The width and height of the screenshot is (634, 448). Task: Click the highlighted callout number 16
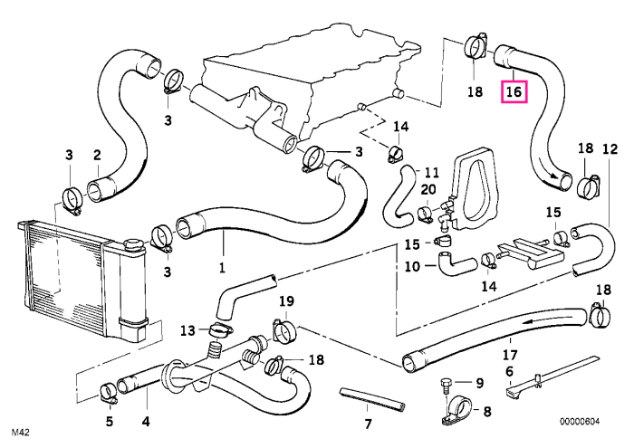(514, 91)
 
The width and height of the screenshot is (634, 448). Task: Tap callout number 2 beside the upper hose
(97, 155)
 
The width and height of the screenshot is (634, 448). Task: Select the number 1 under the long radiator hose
(222, 267)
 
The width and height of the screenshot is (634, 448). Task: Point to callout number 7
(368, 424)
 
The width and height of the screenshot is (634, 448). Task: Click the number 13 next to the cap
(188, 331)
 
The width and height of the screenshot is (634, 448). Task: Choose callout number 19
(286, 301)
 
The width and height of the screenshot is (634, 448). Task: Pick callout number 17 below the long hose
(510, 355)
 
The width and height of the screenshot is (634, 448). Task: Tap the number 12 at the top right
(610, 149)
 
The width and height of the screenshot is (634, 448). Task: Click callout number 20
(428, 189)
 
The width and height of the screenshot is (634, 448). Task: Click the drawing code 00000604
(580, 422)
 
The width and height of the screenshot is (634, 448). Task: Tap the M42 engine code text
(20, 433)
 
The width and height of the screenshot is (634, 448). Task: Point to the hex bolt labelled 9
(446, 386)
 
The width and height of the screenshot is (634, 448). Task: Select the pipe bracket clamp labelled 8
(456, 411)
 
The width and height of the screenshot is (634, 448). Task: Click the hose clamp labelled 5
(108, 395)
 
